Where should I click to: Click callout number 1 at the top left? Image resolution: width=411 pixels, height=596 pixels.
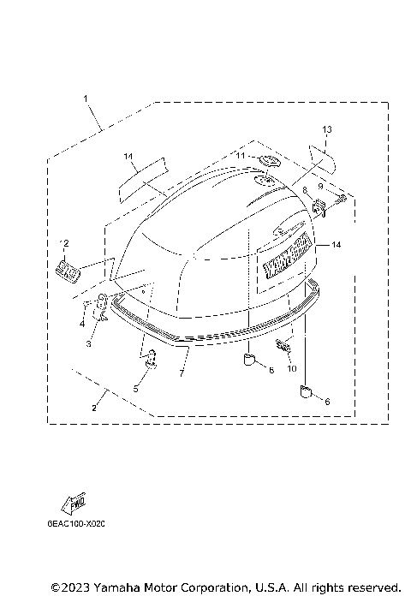point(86,99)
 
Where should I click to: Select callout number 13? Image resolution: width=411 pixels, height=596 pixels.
point(326,129)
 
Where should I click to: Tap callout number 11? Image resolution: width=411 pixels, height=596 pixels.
point(241,156)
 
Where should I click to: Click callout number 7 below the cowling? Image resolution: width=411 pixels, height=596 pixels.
point(182,373)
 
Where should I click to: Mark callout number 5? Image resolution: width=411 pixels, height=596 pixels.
point(134,388)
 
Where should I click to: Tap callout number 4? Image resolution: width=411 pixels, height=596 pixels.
point(83,324)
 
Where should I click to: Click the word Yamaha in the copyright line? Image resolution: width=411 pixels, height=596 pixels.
point(120,587)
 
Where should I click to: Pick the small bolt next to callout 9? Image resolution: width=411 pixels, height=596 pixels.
point(339,200)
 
